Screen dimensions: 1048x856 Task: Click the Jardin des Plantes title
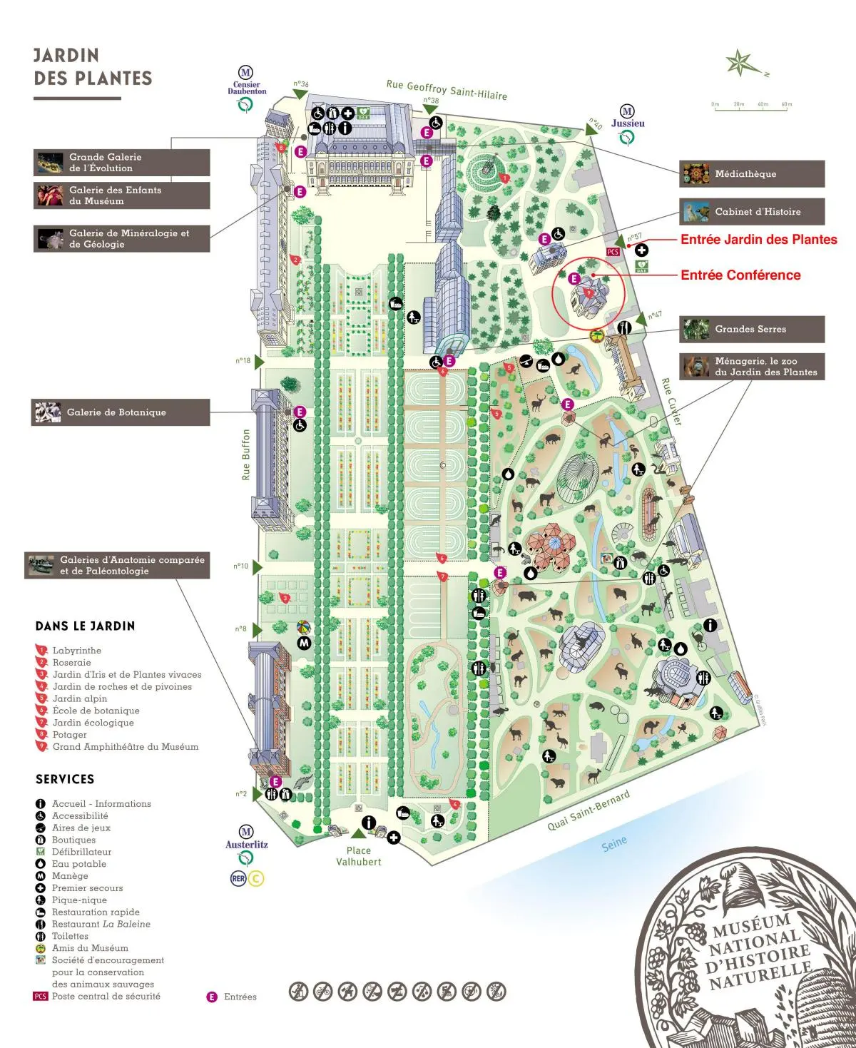pos(93,67)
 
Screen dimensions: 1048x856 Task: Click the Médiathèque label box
pos(751,174)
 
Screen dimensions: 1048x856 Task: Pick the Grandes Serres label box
pos(751,329)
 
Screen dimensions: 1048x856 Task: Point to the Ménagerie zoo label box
pos(751,367)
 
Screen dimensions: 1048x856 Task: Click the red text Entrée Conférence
pos(740,275)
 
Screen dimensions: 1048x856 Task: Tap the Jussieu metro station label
pos(628,123)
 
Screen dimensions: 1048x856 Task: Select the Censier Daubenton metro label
pos(247,88)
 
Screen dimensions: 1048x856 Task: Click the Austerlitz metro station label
pos(247,845)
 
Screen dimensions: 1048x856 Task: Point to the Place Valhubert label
pos(359,856)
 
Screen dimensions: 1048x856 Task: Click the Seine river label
pos(614,843)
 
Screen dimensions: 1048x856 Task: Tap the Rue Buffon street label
pos(246,454)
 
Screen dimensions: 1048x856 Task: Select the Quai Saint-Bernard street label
pos(588,810)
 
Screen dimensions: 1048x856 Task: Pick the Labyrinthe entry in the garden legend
pos(76,651)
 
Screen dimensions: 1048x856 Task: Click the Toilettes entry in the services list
pos(70,936)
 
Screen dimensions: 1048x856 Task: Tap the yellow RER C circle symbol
pos(255,878)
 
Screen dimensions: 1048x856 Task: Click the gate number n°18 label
pos(243,361)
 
